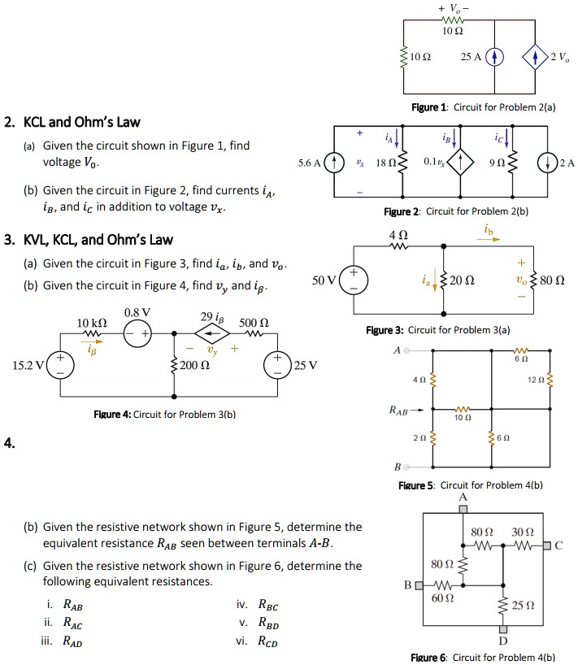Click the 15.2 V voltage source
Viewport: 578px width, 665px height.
(x=62, y=365)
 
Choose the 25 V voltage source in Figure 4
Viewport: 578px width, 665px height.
(x=279, y=365)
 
